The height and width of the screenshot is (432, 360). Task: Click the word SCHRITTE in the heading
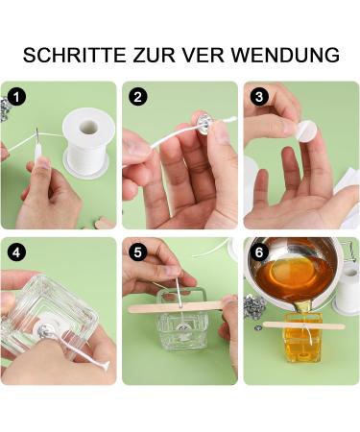pyautogui.click(x=75, y=55)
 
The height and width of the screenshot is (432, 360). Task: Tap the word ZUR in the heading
pyautogui.click(x=155, y=55)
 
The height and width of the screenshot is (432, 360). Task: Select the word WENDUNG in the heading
pyautogui.click(x=285, y=55)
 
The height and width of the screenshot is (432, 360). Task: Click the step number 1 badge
pyautogui.click(x=16, y=97)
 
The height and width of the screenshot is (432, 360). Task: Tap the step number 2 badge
pyautogui.click(x=137, y=97)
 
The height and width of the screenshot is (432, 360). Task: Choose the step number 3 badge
pyautogui.click(x=259, y=97)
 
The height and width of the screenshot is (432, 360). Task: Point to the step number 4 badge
pyautogui.click(x=16, y=252)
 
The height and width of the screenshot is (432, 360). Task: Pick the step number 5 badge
pyautogui.click(x=137, y=252)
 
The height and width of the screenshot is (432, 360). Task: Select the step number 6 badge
pyautogui.click(x=259, y=252)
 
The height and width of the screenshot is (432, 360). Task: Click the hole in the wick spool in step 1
pyautogui.click(x=89, y=127)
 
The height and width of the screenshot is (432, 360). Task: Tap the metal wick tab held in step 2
pyautogui.click(x=204, y=123)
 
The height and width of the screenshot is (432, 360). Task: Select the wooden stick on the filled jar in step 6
pyautogui.click(x=303, y=325)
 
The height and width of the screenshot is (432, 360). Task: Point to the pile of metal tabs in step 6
pyautogui.click(x=254, y=307)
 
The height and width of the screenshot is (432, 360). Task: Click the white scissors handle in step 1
pyautogui.click(x=37, y=151)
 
